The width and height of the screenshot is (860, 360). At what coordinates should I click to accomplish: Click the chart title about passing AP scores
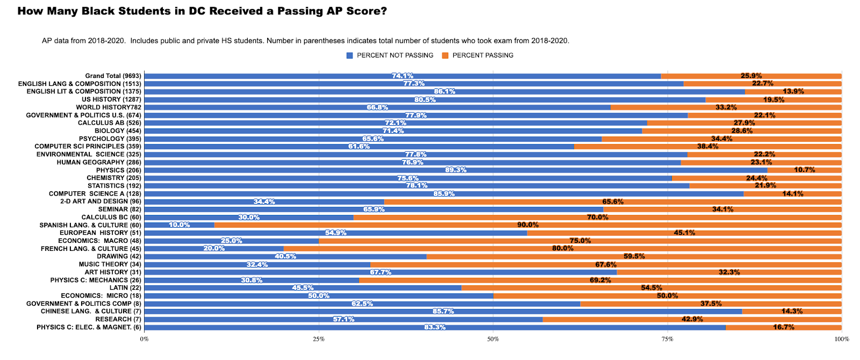202,11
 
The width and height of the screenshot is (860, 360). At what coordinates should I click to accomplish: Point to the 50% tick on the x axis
493,339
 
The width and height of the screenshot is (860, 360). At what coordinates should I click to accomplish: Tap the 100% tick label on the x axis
841,339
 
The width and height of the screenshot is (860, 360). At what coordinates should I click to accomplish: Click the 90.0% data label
528,225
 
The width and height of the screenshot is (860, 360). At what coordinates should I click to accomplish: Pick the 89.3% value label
456,170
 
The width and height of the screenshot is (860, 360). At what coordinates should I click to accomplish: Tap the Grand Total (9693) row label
113,76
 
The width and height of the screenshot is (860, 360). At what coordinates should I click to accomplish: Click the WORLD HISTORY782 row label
109,107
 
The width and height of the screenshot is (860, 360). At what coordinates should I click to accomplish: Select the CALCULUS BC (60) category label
111,217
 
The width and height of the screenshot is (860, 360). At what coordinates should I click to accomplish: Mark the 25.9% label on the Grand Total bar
751,76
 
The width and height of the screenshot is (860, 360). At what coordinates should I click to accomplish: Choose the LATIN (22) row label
125,288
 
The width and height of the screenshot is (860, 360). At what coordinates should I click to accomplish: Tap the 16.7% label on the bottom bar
783,327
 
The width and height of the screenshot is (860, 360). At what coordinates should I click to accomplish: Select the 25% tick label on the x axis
319,339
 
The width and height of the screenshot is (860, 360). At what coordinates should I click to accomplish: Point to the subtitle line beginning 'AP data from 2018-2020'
305,41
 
